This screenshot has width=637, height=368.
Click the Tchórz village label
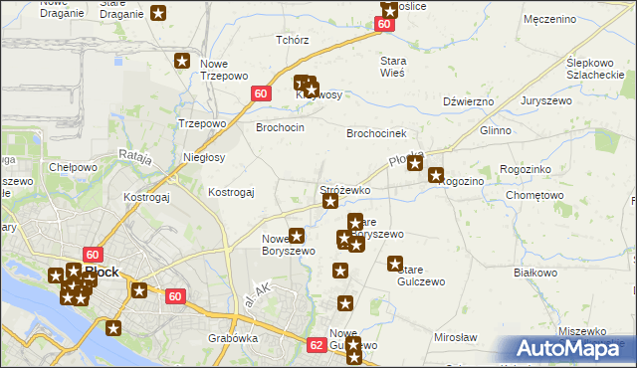293,41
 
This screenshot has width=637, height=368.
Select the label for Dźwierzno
469,101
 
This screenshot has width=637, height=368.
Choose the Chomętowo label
535,196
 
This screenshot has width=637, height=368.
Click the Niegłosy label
205,158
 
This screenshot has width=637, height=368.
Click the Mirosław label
457,338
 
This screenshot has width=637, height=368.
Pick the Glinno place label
496,130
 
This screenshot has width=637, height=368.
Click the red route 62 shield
317,345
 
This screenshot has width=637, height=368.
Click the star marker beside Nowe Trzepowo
183,62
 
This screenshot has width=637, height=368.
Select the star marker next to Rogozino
436,176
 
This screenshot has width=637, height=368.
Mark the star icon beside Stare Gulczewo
395,265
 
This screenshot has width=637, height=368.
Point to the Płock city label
104,271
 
